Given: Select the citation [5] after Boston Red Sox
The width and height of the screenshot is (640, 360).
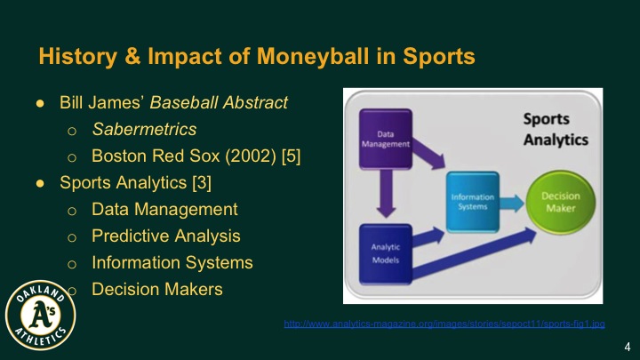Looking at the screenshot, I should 291,156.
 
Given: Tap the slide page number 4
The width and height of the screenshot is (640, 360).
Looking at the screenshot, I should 628,347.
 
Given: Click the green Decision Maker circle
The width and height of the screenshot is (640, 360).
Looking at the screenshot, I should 560,201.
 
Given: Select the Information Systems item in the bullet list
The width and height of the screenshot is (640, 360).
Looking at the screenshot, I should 172,263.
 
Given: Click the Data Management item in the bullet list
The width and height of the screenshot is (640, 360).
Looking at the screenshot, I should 164,210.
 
